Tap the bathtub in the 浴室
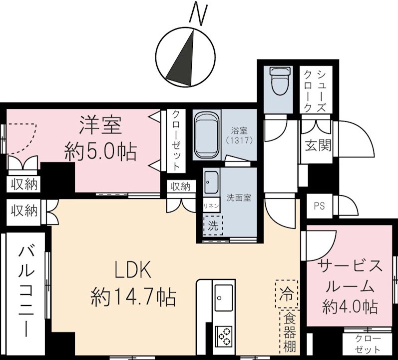tap(206, 135)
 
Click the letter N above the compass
tap(198, 13)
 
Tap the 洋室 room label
tap(100, 125)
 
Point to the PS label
tap(319, 206)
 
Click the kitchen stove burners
tap(223, 335)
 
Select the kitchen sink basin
tap(223, 297)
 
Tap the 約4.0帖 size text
tap(350, 305)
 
